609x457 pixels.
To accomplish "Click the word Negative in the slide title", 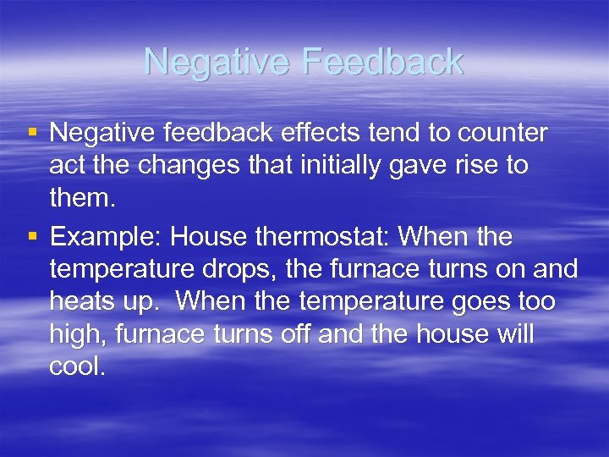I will click(x=217, y=62).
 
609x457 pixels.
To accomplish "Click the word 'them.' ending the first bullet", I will click(x=81, y=198).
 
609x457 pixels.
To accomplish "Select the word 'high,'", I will click(x=81, y=336).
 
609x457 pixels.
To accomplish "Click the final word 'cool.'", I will click(x=79, y=368).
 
